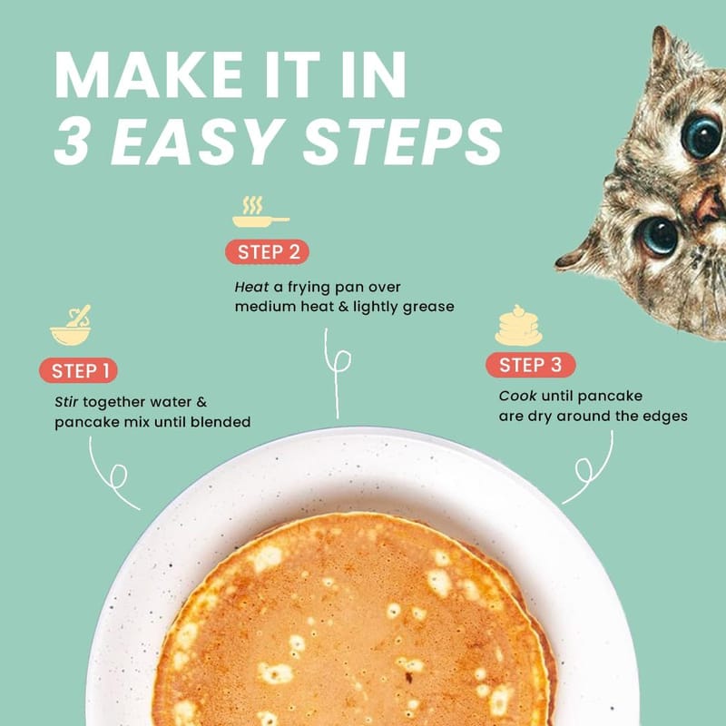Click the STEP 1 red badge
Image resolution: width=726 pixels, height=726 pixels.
[x=78, y=370]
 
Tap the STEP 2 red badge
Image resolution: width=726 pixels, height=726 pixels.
[x=267, y=252]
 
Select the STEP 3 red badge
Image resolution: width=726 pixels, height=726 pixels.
[x=531, y=365]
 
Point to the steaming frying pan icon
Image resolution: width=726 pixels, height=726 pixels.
[x=260, y=211]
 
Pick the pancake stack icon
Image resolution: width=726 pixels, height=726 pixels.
[x=518, y=325]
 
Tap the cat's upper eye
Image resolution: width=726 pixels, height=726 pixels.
[x=701, y=137]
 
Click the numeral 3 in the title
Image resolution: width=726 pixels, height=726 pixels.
[x=73, y=142]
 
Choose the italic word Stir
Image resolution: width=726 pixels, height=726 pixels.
[x=66, y=401]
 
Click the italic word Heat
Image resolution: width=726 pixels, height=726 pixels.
[x=251, y=287]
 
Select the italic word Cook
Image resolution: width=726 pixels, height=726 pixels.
[x=517, y=396]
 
